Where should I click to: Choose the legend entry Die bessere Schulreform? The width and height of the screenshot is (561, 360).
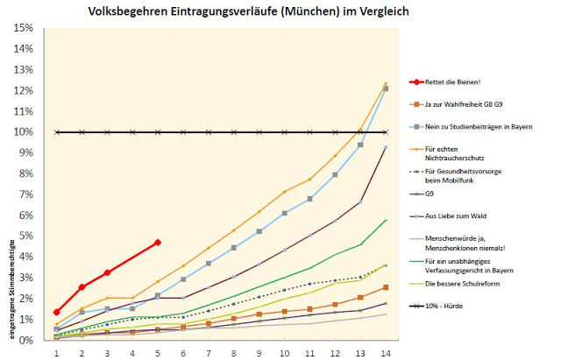coord(465,285)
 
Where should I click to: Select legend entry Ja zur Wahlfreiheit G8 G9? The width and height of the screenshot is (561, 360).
coord(469,105)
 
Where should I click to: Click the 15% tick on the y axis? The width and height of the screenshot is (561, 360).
coord(24,28)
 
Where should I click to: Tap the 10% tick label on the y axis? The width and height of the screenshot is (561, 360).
coord(24,132)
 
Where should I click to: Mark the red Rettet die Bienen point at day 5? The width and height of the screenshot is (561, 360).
coord(158,243)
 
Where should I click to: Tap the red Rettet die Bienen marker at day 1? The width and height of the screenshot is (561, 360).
coord(56,312)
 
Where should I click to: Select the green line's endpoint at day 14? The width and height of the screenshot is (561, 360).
coord(387,220)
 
